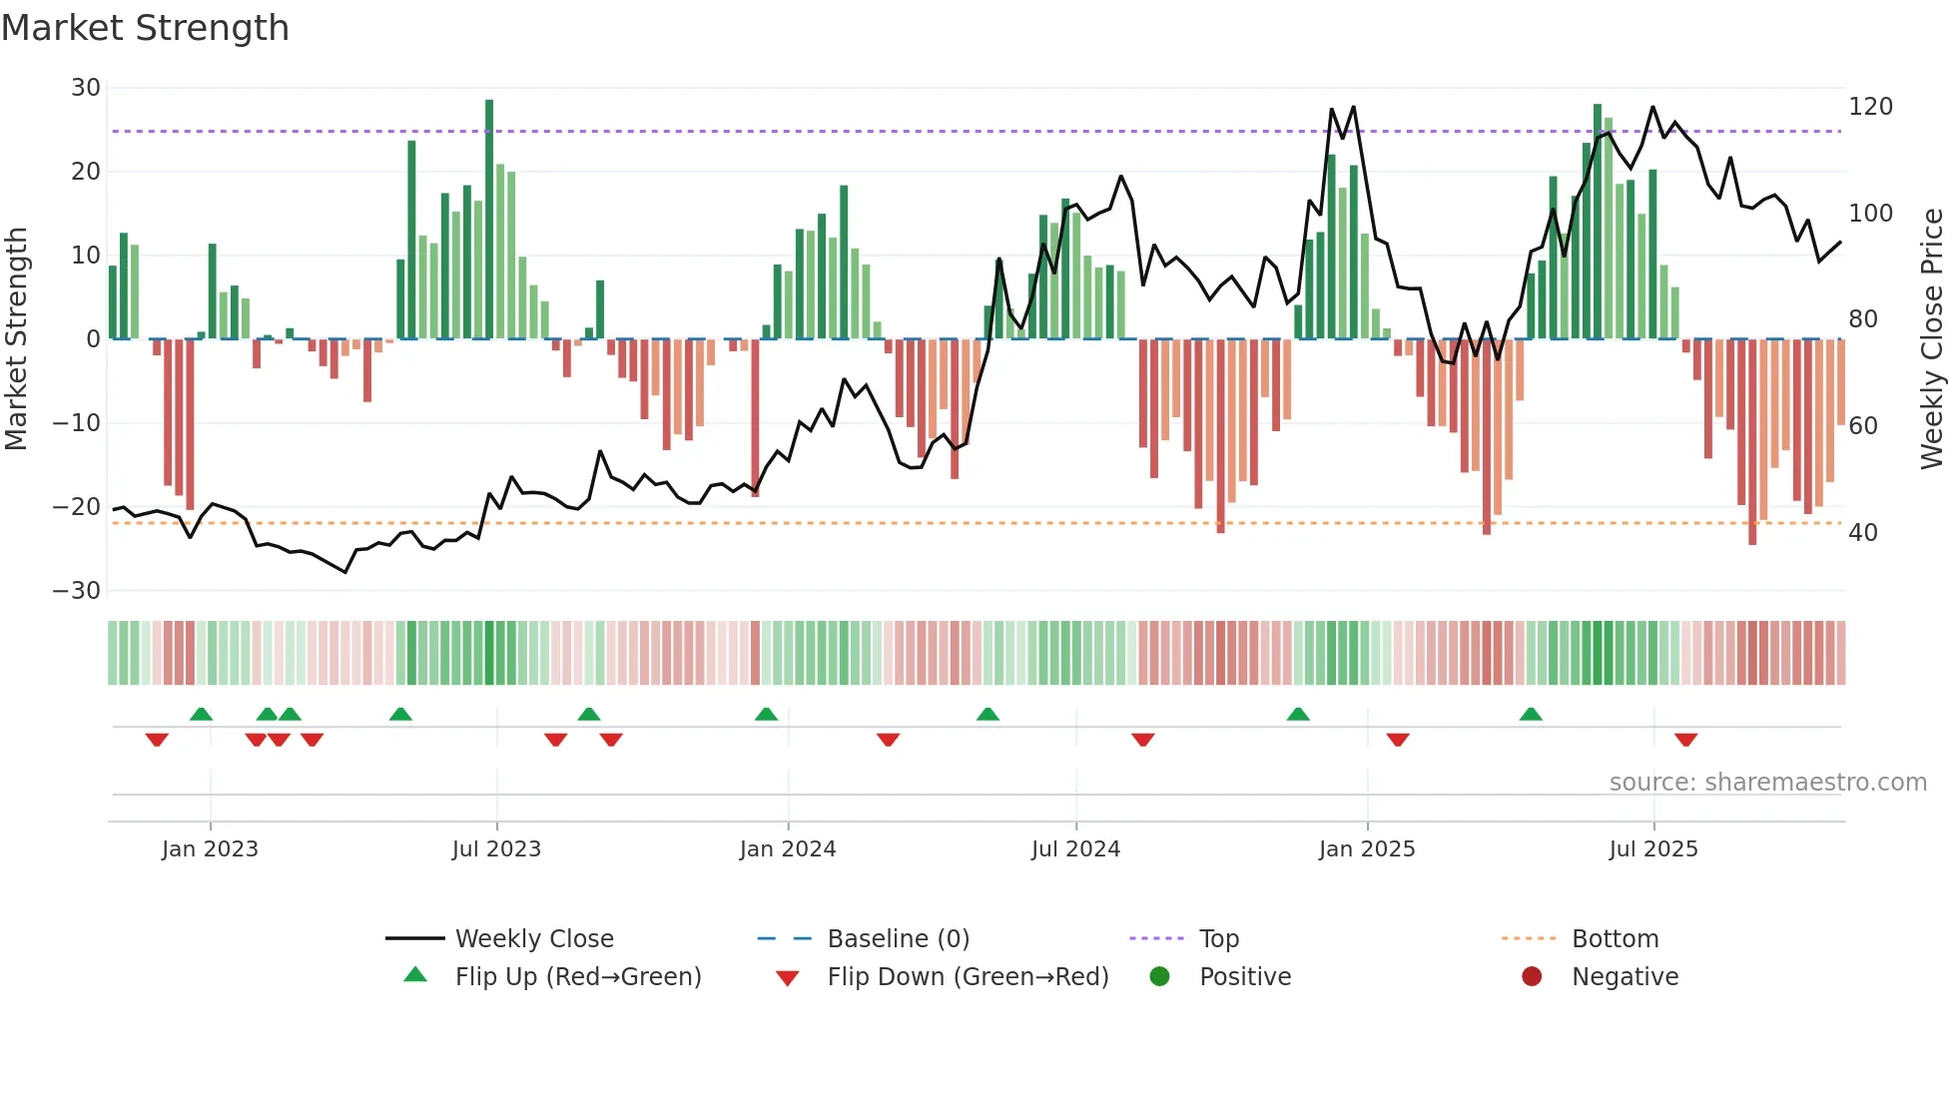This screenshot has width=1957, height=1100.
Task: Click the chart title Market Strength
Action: [145, 28]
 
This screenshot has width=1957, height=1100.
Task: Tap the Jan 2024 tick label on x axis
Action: [787, 849]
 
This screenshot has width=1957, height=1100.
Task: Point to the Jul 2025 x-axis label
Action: [1652, 849]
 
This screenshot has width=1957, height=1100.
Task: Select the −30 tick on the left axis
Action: [76, 591]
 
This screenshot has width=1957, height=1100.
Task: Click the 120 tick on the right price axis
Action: [1870, 107]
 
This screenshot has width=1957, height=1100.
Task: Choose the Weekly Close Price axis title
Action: [1932, 339]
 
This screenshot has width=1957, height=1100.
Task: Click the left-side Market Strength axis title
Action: [16, 339]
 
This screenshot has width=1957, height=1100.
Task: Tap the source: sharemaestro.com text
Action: [1767, 783]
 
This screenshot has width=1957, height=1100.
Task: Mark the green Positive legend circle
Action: [1159, 976]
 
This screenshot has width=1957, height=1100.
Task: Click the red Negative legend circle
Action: [1532, 976]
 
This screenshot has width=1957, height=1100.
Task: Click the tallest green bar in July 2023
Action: [489, 220]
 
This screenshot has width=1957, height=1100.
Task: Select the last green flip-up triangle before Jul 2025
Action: [1531, 715]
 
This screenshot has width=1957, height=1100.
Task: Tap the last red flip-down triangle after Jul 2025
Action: [1685, 740]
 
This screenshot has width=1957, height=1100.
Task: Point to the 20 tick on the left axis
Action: [85, 172]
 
